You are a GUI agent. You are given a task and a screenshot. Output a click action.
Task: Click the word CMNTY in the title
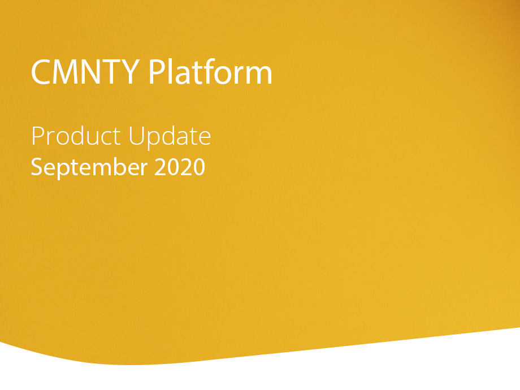pos(85,72)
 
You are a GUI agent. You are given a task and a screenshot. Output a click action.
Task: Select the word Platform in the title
pos(210,71)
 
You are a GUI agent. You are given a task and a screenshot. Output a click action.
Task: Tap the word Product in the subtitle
pos(76,136)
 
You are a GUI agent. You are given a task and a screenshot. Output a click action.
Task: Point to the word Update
pos(170,137)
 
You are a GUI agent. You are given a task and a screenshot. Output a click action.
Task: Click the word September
pos(89,167)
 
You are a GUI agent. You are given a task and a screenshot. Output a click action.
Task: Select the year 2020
pos(180,167)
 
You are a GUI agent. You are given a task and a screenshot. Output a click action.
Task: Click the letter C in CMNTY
pos(41,72)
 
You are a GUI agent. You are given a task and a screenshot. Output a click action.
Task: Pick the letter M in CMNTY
pos(66,72)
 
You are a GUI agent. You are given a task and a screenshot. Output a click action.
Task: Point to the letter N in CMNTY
pos(90,72)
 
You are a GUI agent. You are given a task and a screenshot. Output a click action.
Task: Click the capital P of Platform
pos(157,72)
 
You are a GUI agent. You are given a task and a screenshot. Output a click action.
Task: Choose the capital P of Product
pos(38,136)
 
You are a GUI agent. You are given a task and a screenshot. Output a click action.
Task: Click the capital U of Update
pos(136,136)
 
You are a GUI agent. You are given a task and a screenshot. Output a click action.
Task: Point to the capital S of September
pos(37,167)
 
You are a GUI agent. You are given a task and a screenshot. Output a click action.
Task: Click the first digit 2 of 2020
pos(161,167)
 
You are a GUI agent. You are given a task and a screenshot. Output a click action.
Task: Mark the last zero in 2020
pos(199,167)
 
